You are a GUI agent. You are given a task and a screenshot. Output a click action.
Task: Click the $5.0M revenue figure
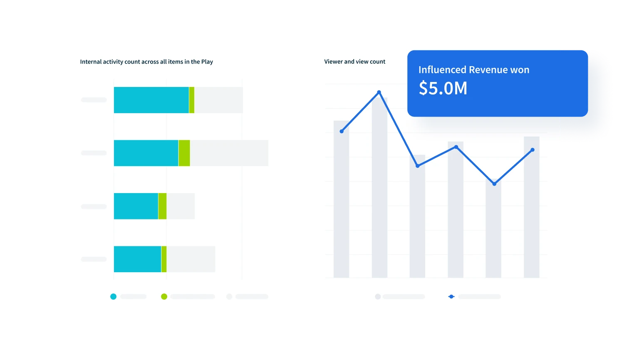click(x=443, y=88)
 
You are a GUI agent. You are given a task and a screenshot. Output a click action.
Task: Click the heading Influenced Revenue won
click(x=473, y=70)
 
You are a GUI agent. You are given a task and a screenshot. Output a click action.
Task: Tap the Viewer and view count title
click(x=354, y=62)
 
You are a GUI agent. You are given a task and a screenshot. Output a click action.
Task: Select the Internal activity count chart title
click(x=146, y=62)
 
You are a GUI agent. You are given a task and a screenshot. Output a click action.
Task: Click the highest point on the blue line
click(x=379, y=92)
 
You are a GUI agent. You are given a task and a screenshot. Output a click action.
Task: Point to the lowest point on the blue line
click(x=494, y=184)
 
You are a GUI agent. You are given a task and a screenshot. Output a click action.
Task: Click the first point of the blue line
click(x=342, y=132)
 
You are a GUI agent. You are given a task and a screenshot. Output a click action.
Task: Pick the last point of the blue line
click(x=532, y=150)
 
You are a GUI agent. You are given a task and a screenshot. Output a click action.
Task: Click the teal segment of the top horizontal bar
click(x=151, y=100)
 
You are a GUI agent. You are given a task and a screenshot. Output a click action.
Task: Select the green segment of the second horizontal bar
click(x=184, y=153)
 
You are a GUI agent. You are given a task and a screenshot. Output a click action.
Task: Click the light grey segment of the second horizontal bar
click(x=229, y=153)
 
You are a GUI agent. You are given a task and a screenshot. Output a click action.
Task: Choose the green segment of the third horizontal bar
click(x=162, y=206)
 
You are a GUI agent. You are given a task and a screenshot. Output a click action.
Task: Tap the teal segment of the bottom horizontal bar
click(x=137, y=259)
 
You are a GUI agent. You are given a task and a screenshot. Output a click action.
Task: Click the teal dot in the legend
click(x=113, y=297)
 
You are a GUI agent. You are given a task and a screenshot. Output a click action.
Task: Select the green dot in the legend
click(x=164, y=297)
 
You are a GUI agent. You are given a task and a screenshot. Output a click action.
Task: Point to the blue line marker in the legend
click(x=451, y=297)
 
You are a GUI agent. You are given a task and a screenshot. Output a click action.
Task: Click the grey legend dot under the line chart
click(x=378, y=297)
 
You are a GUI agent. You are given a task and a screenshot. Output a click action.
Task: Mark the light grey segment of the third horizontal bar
click(x=181, y=206)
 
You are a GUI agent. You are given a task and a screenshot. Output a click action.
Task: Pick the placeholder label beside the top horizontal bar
click(x=94, y=100)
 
